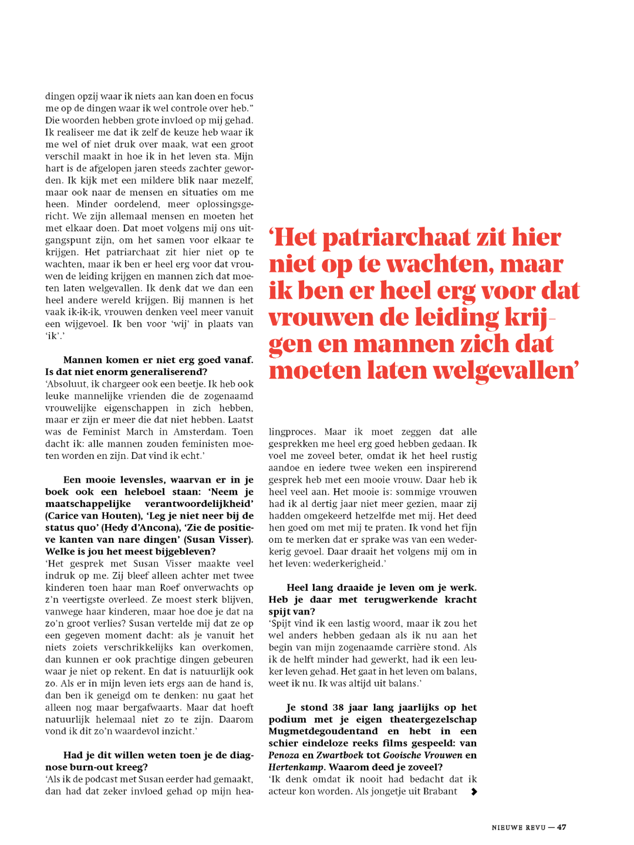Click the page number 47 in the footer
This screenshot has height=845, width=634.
click(562, 827)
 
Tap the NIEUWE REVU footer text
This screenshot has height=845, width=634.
click(518, 827)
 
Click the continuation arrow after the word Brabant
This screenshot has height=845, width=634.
click(474, 792)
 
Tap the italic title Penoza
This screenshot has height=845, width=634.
click(284, 755)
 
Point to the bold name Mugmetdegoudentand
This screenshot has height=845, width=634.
click(323, 731)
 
